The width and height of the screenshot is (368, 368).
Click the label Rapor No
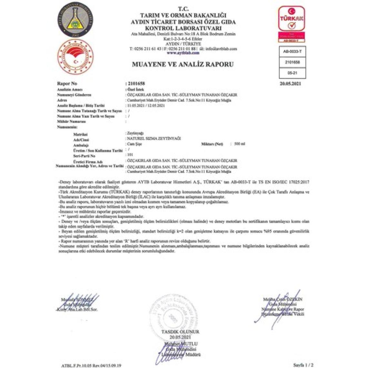pyautogui.click(x=67, y=84)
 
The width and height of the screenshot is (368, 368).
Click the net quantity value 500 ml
pyautogui.click(x=239, y=144)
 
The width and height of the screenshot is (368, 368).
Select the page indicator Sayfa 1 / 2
pyautogui.click(x=302, y=365)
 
